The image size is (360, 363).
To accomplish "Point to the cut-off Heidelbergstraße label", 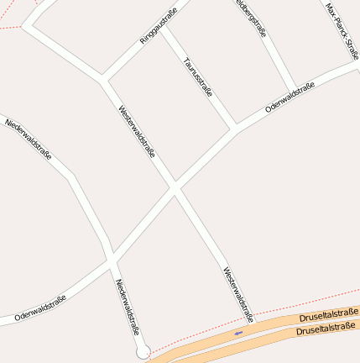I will click(x=251, y=18).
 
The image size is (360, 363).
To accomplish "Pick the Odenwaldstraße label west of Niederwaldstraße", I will click(x=39, y=308).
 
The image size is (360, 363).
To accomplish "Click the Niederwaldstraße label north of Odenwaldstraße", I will click(x=29, y=139).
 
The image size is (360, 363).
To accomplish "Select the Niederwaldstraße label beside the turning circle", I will click(x=128, y=307).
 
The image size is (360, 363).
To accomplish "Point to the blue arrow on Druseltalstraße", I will click(x=238, y=333).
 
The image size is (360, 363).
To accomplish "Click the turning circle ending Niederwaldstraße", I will click(x=143, y=352).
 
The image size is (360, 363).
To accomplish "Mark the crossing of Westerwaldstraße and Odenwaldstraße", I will click(x=175, y=189).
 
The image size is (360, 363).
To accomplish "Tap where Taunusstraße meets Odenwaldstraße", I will click(x=235, y=129).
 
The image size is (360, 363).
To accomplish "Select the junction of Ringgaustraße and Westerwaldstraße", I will click(x=104, y=81).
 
